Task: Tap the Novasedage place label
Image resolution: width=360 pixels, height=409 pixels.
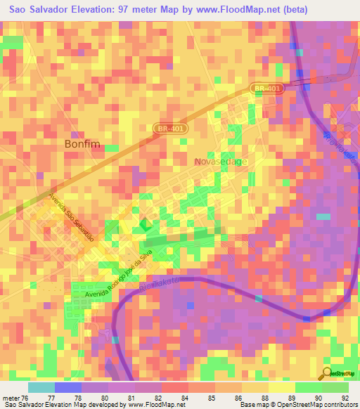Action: coord(221,162)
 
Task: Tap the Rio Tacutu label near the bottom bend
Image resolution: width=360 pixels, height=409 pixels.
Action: coord(167,285)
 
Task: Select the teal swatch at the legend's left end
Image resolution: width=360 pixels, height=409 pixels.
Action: coord(41,387)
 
